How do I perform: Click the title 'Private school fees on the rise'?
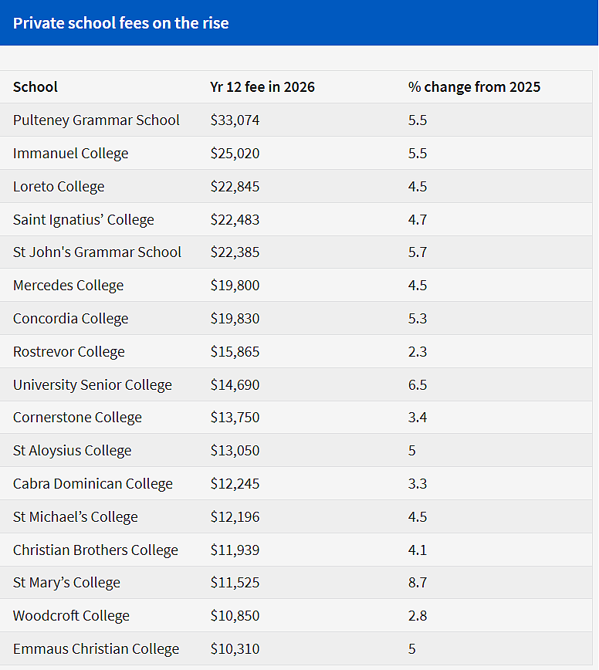(x=121, y=23)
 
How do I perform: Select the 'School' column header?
(x=35, y=87)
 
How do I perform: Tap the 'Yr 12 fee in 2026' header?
(x=262, y=87)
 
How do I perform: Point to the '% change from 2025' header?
(x=474, y=87)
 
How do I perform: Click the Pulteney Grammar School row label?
(x=96, y=120)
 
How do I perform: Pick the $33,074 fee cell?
(x=235, y=120)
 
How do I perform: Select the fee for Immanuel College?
(x=235, y=154)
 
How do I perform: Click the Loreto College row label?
(x=59, y=187)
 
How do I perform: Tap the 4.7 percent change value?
(x=418, y=220)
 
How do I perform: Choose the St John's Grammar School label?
(x=97, y=252)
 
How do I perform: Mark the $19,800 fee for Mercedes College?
(x=235, y=286)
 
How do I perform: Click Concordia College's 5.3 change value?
(x=418, y=319)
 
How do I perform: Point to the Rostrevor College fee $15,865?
(x=235, y=352)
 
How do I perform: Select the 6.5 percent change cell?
(x=418, y=385)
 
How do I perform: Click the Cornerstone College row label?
(x=77, y=418)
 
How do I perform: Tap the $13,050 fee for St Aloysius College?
(x=235, y=451)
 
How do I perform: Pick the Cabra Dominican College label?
(x=93, y=484)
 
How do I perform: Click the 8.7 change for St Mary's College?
(x=418, y=583)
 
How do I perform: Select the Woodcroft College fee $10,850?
(x=235, y=616)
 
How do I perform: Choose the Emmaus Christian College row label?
(x=96, y=649)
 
